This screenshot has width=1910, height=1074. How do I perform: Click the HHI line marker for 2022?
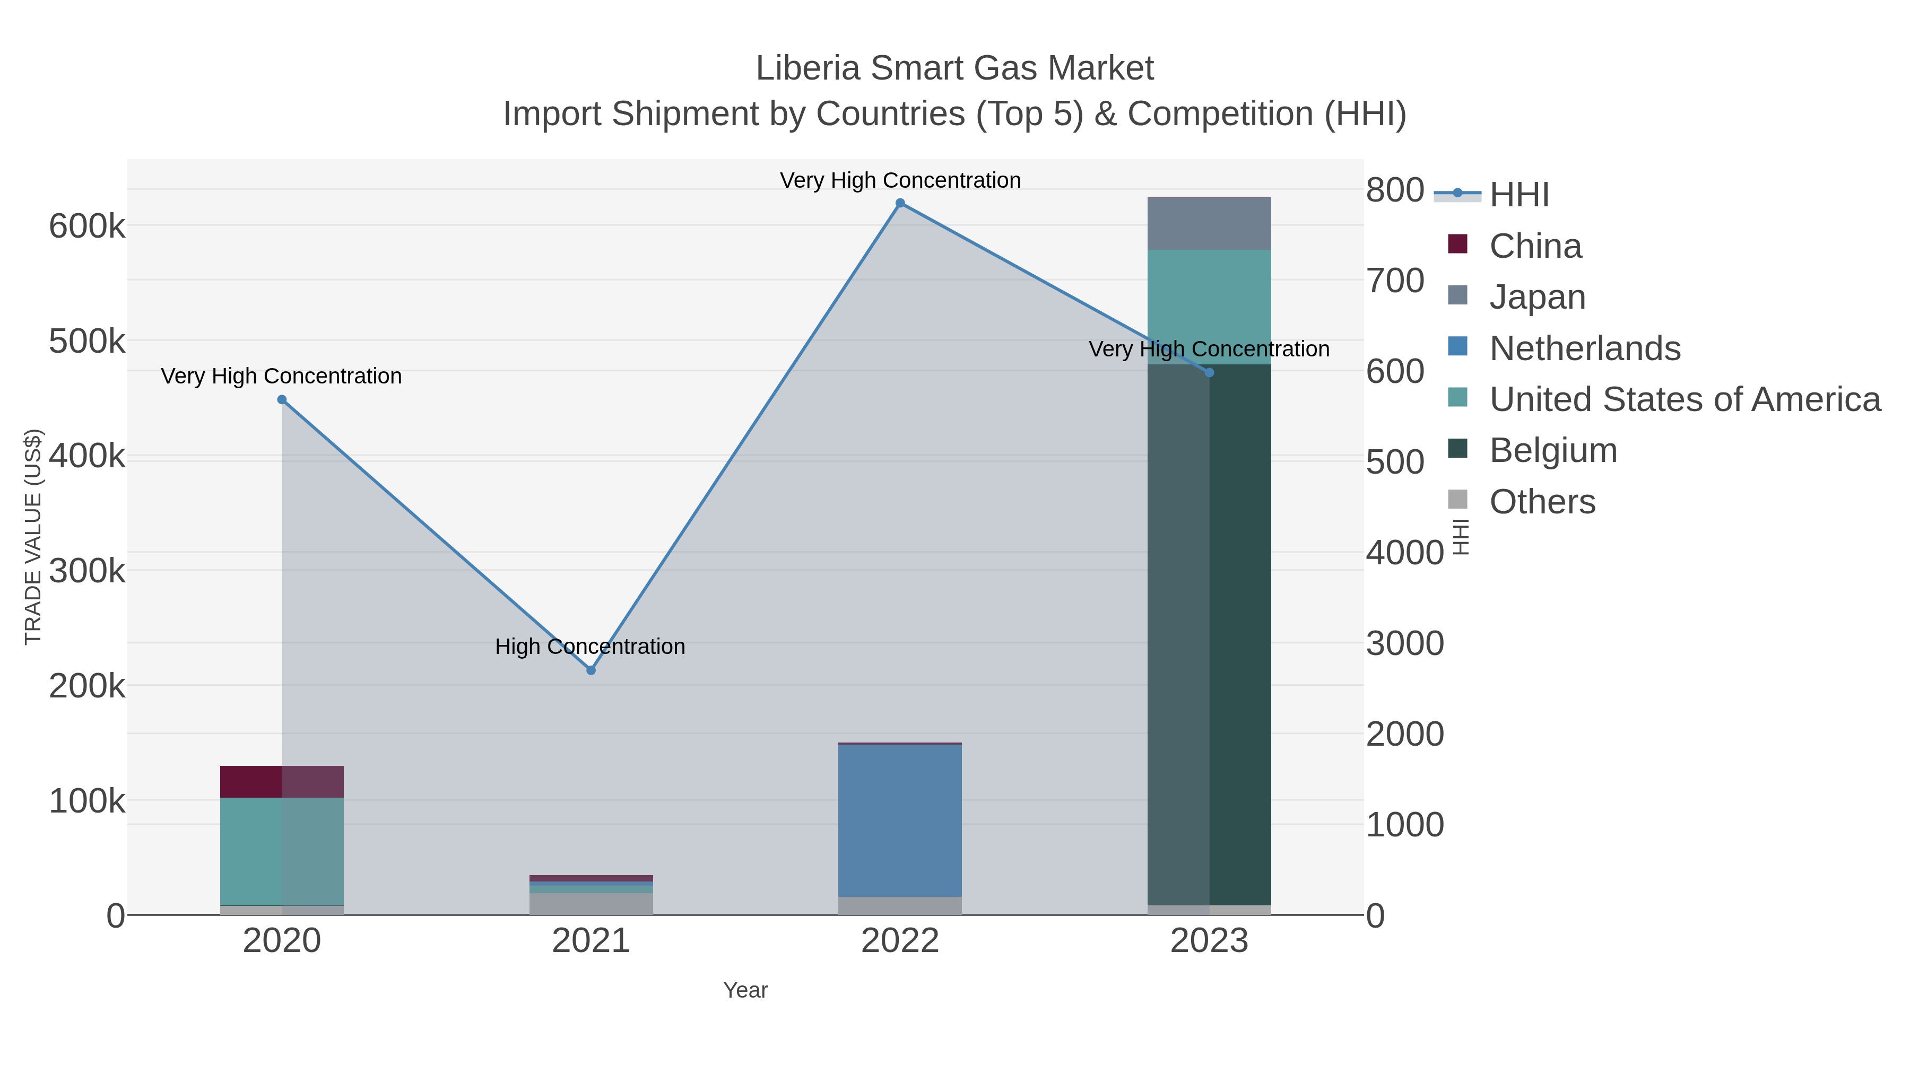point(900,203)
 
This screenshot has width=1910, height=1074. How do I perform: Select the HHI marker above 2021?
point(591,670)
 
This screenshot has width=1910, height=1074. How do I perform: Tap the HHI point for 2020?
point(282,399)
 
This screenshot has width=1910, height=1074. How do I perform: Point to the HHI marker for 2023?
point(1209,373)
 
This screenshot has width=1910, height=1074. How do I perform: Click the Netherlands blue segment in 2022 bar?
point(900,820)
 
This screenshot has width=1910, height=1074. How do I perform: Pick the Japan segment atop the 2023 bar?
point(1209,224)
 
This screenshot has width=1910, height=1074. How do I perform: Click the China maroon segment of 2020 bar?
point(282,781)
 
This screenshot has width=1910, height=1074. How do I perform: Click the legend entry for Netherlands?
point(1584,348)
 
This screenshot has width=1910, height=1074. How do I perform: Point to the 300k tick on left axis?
point(88,571)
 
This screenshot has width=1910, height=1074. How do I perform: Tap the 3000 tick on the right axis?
point(1404,643)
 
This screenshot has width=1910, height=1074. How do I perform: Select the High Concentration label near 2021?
point(590,647)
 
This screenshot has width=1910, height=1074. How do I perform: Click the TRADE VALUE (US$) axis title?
point(33,537)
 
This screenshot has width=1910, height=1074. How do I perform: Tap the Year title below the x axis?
point(745,990)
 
